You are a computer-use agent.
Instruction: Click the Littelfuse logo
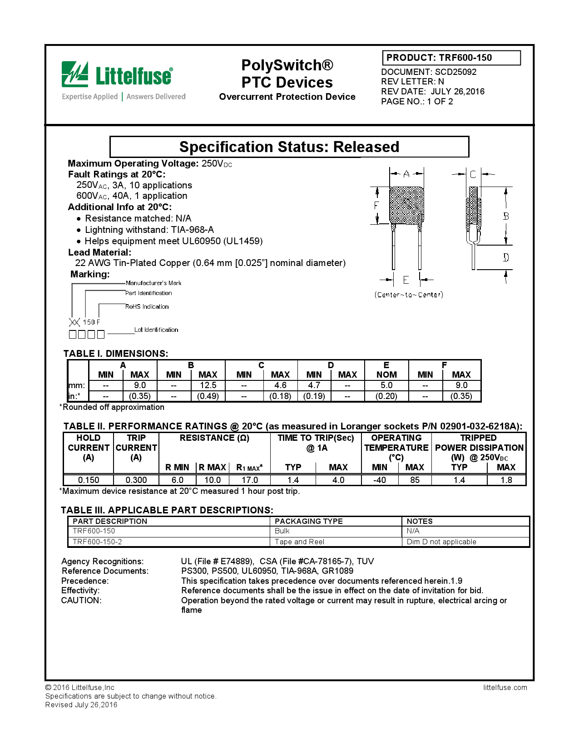(117, 75)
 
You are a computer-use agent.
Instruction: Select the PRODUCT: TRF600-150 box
(451, 58)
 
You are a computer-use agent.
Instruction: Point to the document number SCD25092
(455, 72)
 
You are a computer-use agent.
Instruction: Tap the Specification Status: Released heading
(289, 147)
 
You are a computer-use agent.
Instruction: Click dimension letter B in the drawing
(506, 217)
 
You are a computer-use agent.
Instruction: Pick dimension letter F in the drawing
(376, 206)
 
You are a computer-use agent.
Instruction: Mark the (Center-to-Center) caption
(409, 295)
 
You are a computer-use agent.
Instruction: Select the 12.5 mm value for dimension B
(208, 385)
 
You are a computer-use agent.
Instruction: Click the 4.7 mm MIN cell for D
(314, 385)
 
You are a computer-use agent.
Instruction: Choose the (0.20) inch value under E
(386, 396)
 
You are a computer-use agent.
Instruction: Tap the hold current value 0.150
(89, 480)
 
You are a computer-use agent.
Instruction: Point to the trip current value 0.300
(136, 480)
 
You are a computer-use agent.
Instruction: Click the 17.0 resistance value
(250, 480)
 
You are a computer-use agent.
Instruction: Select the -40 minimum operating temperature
(380, 480)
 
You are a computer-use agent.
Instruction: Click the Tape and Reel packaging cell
(299, 542)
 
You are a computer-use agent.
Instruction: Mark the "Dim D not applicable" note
(441, 542)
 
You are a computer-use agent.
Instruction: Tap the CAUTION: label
(81, 600)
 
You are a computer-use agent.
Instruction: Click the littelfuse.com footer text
(505, 687)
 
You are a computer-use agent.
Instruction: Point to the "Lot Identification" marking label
(156, 330)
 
